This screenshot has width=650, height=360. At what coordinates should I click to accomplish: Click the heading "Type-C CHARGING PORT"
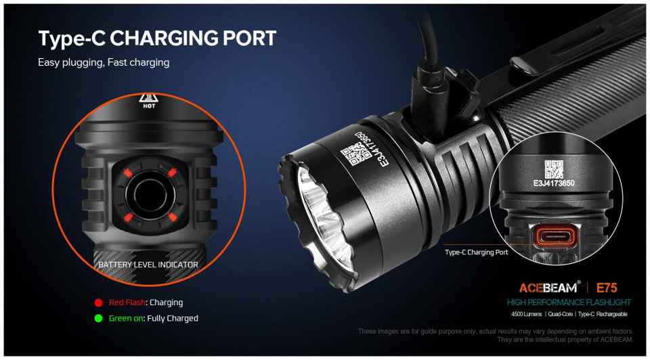(x=157, y=39)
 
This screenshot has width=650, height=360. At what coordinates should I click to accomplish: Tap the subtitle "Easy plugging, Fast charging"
(x=104, y=62)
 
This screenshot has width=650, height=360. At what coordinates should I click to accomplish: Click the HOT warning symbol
(x=148, y=101)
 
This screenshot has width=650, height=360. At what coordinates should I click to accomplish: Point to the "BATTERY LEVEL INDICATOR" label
(x=148, y=265)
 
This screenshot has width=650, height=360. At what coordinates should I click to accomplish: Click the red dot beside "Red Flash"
(x=98, y=303)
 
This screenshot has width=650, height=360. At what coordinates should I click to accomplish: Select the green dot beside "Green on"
(x=98, y=319)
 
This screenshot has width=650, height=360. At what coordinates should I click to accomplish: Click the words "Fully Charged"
(x=173, y=319)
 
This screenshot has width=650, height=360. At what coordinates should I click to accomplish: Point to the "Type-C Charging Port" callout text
(x=476, y=252)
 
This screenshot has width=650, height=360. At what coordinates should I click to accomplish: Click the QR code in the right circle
(x=554, y=169)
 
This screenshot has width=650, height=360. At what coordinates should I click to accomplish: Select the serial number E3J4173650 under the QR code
(x=554, y=183)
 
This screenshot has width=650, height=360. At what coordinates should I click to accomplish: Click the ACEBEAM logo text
(x=548, y=288)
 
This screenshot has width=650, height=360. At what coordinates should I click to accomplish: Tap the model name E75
(x=607, y=288)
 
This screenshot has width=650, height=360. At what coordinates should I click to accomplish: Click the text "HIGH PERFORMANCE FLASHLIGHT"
(x=569, y=303)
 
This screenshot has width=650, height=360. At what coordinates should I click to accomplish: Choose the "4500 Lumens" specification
(x=527, y=314)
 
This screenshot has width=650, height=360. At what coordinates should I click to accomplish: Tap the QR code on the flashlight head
(x=355, y=154)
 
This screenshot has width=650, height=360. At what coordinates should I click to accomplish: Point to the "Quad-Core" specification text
(x=561, y=314)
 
